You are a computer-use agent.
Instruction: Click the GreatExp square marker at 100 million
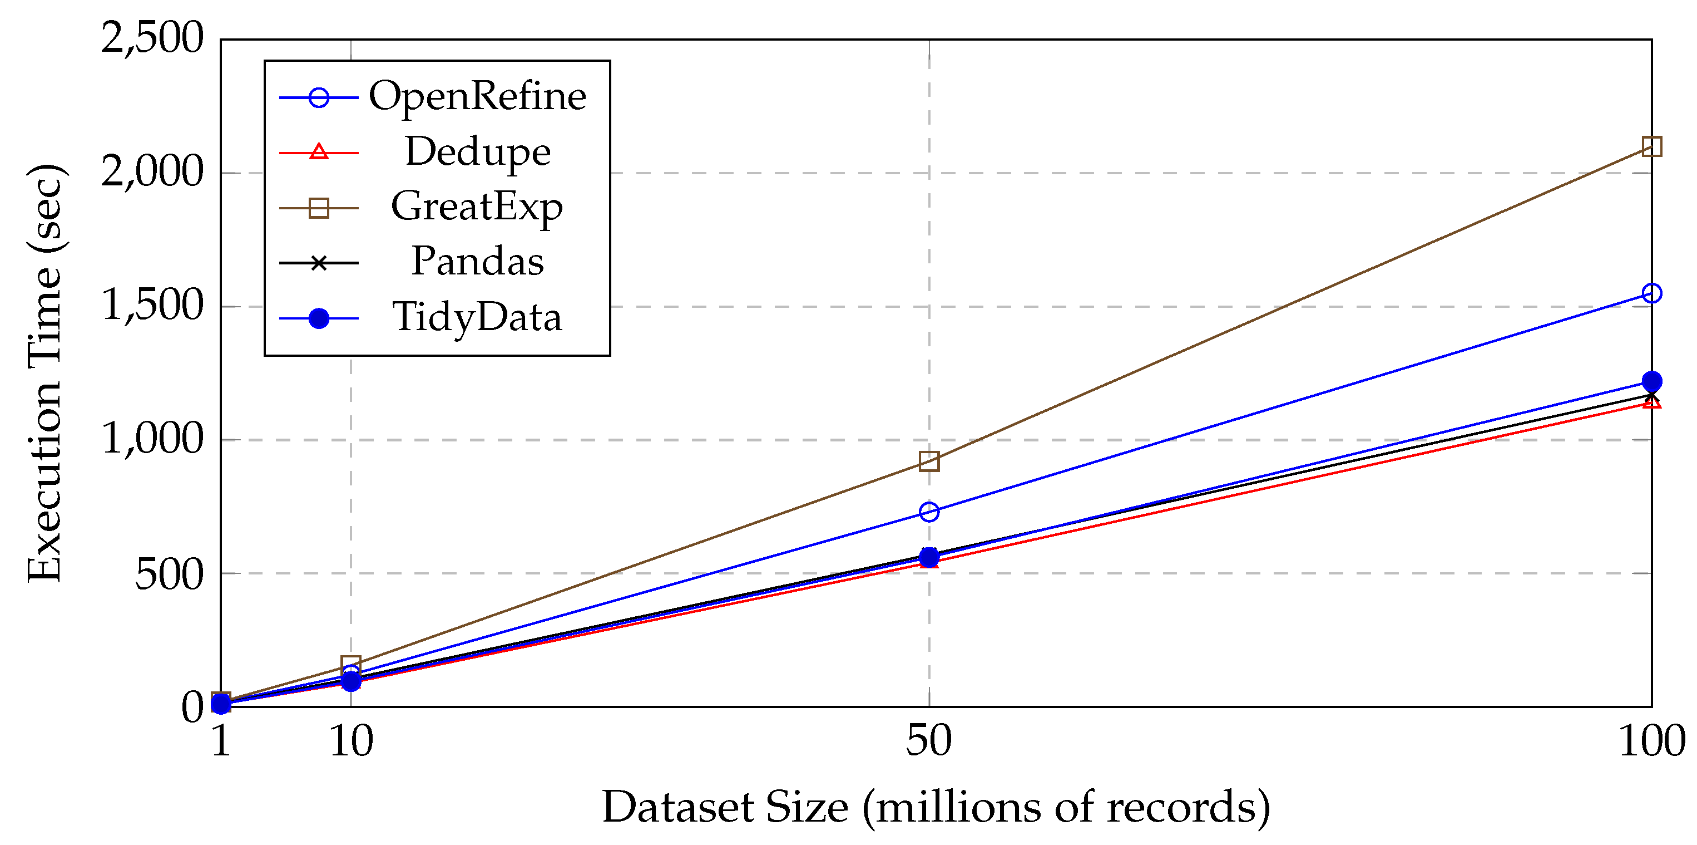[x=1651, y=146]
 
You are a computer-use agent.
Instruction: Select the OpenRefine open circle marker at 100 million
[x=1651, y=293]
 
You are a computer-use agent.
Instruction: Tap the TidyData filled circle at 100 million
[x=1651, y=381]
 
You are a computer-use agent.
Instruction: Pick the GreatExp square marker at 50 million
[x=929, y=461]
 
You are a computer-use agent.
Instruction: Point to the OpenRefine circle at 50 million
[x=929, y=512]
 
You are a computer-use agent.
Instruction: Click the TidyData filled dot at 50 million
[x=929, y=557]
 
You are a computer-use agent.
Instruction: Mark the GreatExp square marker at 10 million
[x=350, y=665]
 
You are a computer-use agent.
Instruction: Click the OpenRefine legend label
[x=477, y=97]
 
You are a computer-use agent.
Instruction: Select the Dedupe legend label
[x=477, y=153]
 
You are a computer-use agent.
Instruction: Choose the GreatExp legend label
[x=477, y=207]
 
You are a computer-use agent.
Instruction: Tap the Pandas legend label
[x=477, y=262]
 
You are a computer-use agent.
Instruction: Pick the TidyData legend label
[x=477, y=318]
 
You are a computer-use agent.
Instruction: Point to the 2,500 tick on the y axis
[x=151, y=38]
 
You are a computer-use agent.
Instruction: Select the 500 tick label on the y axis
[x=169, y=574]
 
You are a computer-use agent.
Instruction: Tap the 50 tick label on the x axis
[x=929, y=741]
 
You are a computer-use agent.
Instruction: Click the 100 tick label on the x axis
[x=1651, y=741]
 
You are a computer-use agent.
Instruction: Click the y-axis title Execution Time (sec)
[x=45, y=373]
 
